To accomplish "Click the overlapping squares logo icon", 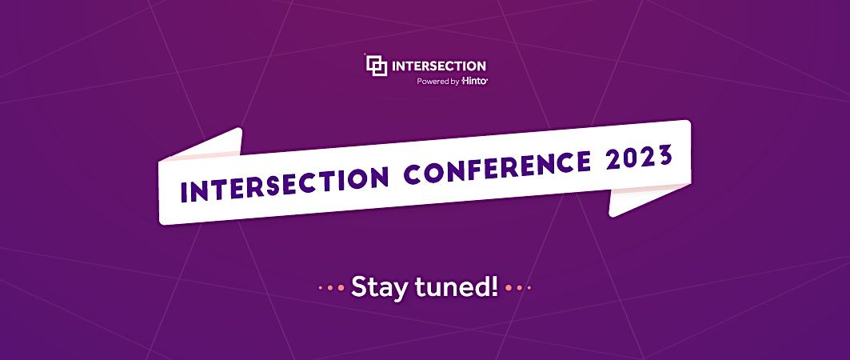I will pyautogui.click(x=376, y=65).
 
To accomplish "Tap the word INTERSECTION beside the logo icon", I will pyautogui.click(x=438, y=66).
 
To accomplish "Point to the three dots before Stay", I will pyautogui.click(x=330, y=287).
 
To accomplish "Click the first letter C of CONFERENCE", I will pyautogui.click(x=421, y=173).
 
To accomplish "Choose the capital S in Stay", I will pyautogui.click(x=359, y=286).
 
